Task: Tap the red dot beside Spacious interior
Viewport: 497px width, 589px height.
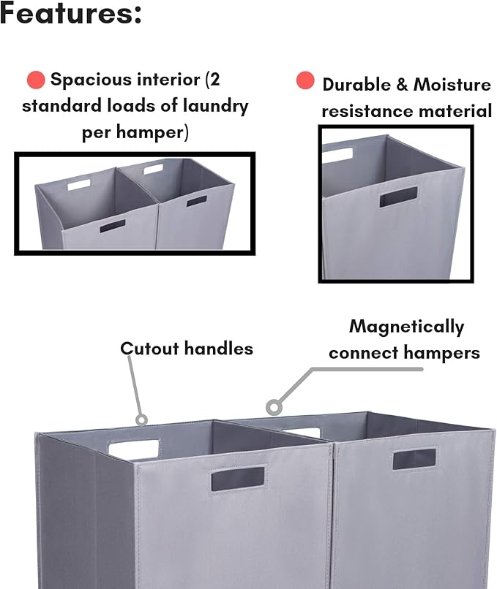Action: (x=35, y=80)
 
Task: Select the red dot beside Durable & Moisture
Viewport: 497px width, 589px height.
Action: (x=305, y=81)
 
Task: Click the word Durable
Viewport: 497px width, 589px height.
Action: (x=356, y=85)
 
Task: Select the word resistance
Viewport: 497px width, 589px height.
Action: (x=367, y=111)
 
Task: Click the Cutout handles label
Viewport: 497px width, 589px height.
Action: (x=187, y=349)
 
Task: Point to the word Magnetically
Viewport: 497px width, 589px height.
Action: (x=406, y=327)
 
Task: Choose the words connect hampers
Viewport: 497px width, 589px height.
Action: (x=404, y=353)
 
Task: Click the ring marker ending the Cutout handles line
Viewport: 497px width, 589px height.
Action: (x=141, y=419)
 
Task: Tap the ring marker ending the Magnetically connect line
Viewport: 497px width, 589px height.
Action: (x=274, y=406)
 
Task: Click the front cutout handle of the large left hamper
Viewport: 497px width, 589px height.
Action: (x=238, y=478)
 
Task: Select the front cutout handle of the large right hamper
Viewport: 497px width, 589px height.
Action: (x=414, y=458)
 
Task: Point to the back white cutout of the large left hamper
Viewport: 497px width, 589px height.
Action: (x=134, y=449)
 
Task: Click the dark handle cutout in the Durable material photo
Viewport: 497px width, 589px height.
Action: (x=398, y=197)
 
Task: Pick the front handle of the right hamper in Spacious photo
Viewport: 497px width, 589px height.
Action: (x=196, y=200)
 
